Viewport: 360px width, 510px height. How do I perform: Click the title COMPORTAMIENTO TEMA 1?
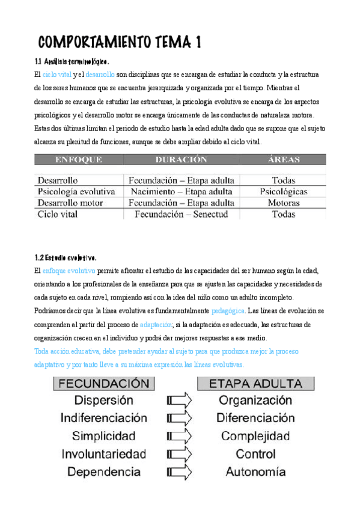(x=120, y=42)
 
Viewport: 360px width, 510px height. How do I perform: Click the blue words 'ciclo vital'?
(x=58, y=75)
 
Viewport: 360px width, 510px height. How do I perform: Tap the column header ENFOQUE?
(x=78, y=160)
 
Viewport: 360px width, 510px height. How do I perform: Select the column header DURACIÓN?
(x=181, y=160)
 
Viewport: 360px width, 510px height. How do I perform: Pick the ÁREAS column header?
(x=284, y=160)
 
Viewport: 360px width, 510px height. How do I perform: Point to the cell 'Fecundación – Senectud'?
(x=181, y=214)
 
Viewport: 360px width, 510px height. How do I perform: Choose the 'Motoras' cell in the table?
(x=284, y=203)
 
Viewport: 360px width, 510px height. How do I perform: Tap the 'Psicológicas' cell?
(x=284, y=192)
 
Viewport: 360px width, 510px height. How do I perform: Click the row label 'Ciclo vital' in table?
(x=61, y=214)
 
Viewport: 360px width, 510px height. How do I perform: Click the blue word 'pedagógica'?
(x=228, y=311)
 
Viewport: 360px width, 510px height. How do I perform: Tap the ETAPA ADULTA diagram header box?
(x=256, y=383)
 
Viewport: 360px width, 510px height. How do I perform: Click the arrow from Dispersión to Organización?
(x=178, y=400)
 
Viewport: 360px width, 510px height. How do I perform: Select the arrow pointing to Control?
(x=178, y=454)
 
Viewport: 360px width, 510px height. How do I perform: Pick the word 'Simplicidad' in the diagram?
(x=103, y=436)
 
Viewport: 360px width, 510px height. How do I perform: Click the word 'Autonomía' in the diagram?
(x=255, y=472)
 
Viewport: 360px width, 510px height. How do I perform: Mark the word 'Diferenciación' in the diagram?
(x=255, y=418)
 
